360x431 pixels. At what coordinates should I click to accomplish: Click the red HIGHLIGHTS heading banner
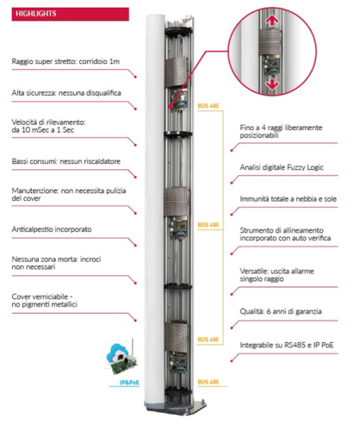(x=71, y=14)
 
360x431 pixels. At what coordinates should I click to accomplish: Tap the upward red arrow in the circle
(x=272, y=21)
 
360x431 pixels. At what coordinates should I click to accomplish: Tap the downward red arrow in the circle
(x=271, y=84)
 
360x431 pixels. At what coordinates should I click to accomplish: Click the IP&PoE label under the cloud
(x=129, y=383)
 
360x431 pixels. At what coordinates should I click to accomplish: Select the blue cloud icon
(x=117, y=353)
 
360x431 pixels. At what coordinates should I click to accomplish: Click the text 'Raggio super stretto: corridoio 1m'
(x=65, y=61)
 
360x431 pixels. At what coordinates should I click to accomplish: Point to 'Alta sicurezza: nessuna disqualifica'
(x=66, y=93)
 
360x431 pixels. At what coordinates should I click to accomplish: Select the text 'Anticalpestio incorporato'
(x=52, y=229)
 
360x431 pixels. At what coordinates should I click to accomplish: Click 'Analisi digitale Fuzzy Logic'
(x=282, y=167)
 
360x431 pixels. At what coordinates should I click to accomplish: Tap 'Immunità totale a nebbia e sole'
(x=289, y=199)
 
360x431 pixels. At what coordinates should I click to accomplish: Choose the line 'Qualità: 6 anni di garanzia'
(x=281, y=311)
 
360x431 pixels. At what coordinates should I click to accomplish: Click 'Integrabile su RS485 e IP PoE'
(x=287, y=345)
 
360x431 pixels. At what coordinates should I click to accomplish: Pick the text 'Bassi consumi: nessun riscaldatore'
(x=66, y=161)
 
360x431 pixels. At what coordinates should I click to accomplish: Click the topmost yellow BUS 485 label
(x=208, y=106)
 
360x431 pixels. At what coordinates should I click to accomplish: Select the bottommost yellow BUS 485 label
(x=208, y=382)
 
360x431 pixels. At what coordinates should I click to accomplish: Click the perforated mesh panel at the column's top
(x=176, y=72)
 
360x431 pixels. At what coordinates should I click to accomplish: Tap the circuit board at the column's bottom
(x=178, y=360)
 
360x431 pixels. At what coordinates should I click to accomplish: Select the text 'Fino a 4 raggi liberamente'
(x=281, y=128)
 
